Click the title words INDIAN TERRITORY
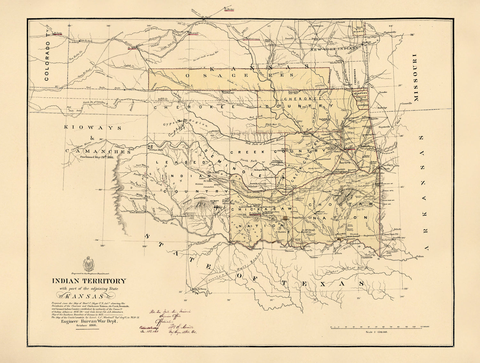[x=89, y=281]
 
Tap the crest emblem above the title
[x=89, y=263]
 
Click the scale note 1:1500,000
[x=378, y=332]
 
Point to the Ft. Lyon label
[x=58, y=33]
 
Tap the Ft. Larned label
[x=194, y=33]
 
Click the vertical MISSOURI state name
[x=416, y=78]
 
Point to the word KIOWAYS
[x=93, y=127]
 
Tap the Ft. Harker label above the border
[x=229, y=9]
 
